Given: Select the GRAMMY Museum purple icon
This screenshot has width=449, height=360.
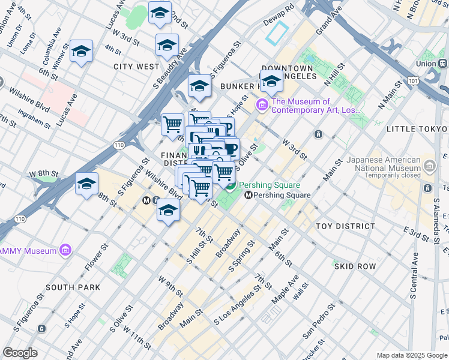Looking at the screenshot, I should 65,250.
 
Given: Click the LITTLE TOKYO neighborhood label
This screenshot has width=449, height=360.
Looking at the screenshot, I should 417,129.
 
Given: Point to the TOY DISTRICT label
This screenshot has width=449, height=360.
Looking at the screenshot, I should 345,226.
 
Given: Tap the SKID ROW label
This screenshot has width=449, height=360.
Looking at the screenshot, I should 355,266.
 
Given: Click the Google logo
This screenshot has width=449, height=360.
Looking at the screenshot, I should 20,353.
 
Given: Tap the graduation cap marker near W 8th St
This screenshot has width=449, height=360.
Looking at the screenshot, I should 86,184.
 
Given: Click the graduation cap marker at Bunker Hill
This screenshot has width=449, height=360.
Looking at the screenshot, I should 271,81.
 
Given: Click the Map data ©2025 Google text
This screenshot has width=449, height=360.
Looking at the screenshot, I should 411,355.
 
